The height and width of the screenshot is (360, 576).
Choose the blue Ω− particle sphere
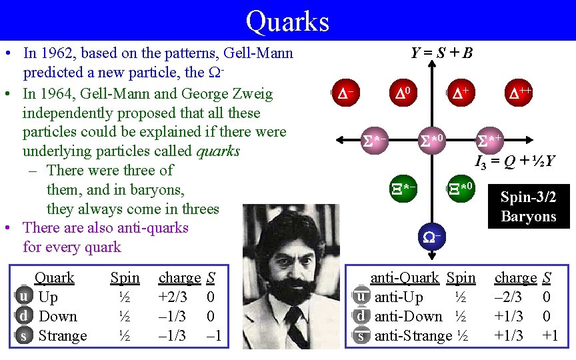430,236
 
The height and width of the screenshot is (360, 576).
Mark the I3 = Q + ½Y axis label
515,160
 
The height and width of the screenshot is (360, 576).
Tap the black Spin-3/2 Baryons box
529,207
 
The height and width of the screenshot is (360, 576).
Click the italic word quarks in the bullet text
218,151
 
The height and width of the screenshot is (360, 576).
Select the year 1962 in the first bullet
60,53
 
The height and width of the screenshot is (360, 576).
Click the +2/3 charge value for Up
172,297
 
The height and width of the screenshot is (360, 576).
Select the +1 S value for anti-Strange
549,335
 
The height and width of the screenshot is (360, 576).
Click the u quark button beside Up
23,297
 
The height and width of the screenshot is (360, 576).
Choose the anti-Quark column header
404,277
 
